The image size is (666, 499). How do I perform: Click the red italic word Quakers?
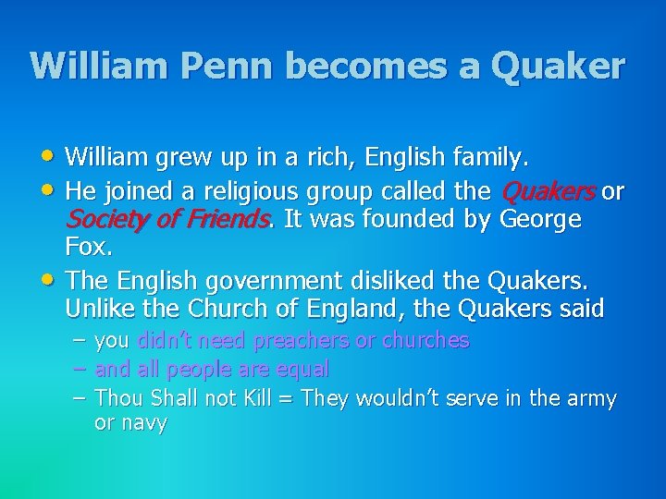(x=549, y=192)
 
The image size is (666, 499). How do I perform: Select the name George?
(x=540, y=221)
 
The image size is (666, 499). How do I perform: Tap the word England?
(x=341, y=307)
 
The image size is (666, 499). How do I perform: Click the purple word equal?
(x=303, y=369)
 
